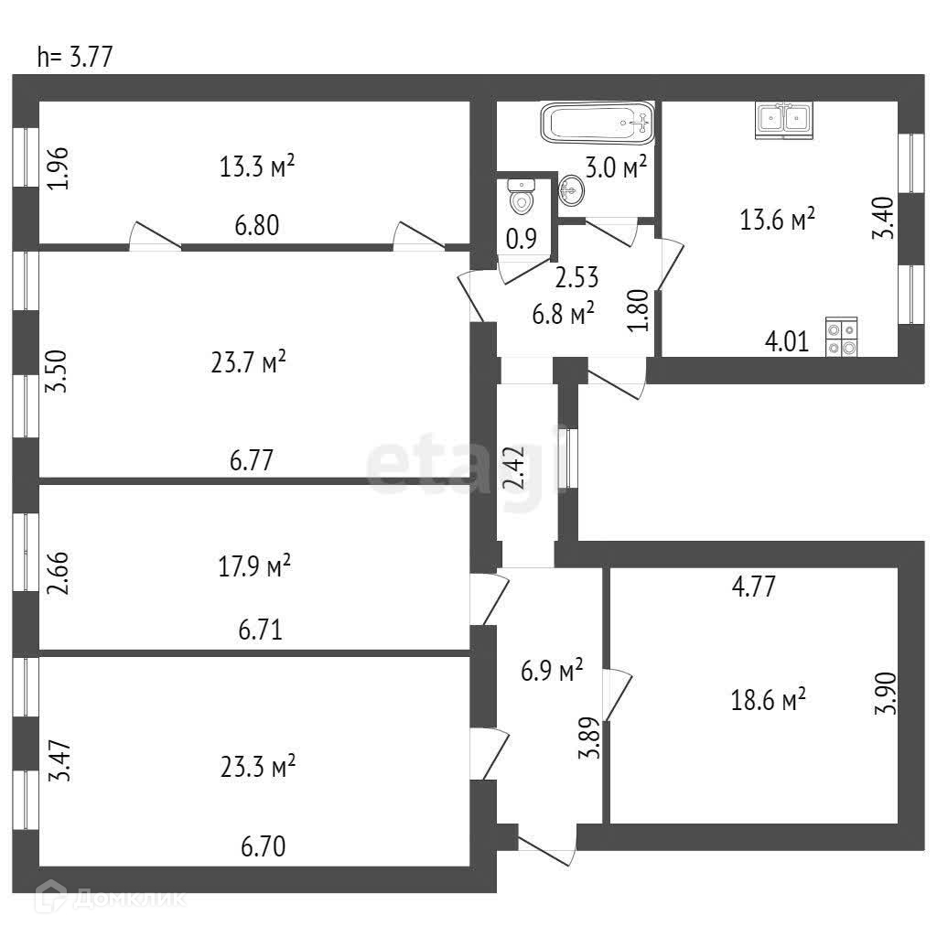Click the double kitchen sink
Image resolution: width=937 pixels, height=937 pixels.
tap(785, 120)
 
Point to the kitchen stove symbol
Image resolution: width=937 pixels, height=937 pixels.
tap(842, 336)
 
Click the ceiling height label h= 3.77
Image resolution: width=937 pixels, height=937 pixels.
tap(74, 58)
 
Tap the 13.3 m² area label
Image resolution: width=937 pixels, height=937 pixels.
tap(257, 167)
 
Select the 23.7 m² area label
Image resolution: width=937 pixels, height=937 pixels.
tap(249, 361)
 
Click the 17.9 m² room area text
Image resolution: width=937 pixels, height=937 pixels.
tap(254, 567)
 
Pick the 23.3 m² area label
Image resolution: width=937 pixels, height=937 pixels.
tap(258, 766)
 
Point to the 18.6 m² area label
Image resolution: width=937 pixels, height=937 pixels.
tap(769, 701)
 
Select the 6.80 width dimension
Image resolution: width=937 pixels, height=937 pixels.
tap(257, 224)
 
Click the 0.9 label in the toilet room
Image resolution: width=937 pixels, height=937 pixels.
tap(521, 239)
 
